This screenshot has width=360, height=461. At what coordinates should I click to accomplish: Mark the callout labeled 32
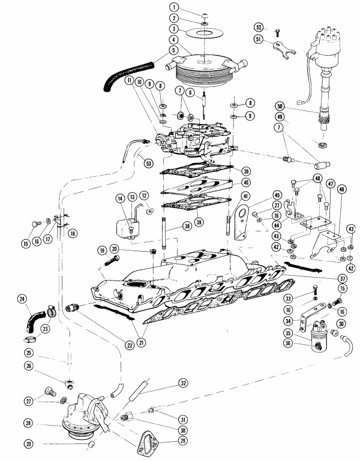pos(182,382)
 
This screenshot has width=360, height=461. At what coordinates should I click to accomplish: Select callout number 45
pos(277,194)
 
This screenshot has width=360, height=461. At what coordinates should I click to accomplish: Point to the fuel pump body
pos(84,420)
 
